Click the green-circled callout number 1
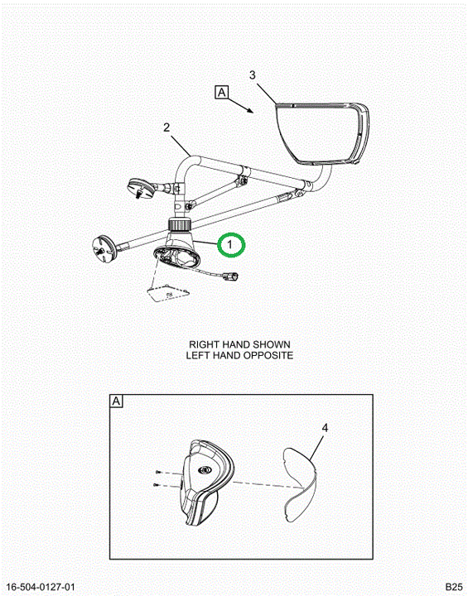pos(229,245)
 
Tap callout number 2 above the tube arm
pos(166,127)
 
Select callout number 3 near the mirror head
pos(253,75)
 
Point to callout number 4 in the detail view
pos(325,428)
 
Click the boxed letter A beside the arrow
pos(222,93)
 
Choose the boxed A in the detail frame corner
pos(116,401)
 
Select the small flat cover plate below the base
pos(168,293)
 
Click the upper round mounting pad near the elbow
pos(141,187)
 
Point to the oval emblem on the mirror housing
pos(205,470)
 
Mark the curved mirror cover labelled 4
pos(301,484)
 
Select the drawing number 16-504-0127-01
pos(41,587)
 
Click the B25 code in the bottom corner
pos(454,587)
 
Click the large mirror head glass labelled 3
pos(318,133)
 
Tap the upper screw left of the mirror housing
pos(158,472)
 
